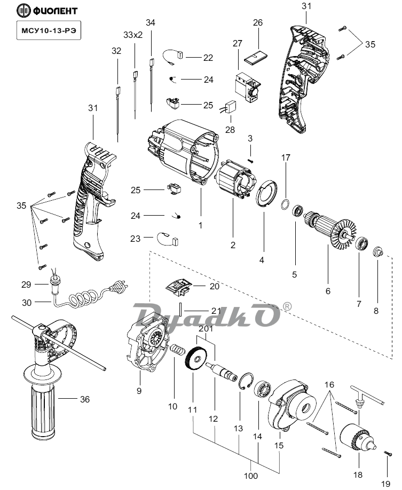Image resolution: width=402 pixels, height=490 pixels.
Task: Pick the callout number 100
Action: click(251, 476)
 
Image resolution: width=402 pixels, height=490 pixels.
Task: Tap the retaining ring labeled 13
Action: click(246, 383)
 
